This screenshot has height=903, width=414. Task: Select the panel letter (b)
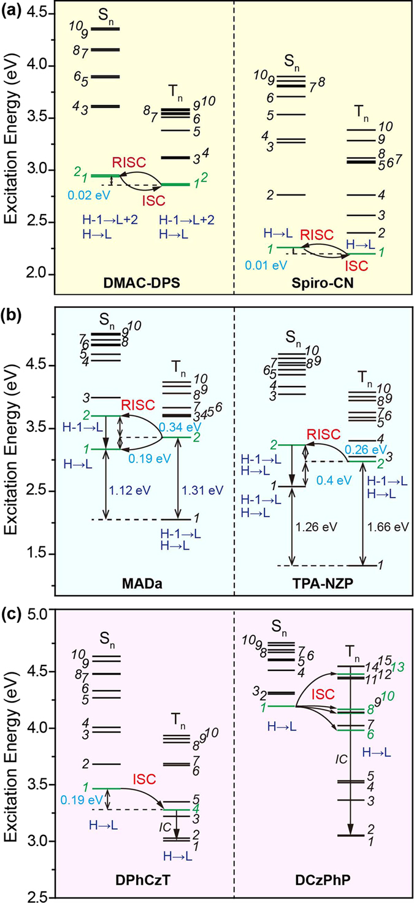[x=12, y=303]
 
